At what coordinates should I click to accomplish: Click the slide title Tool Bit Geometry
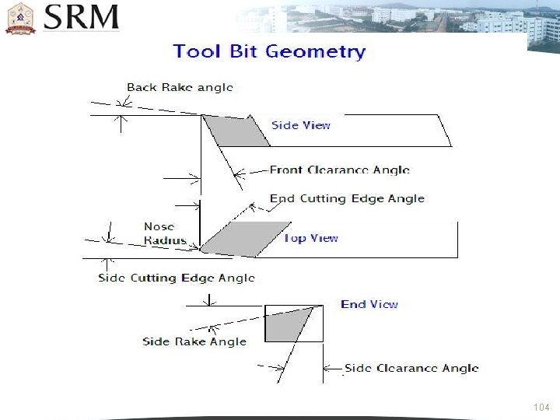pos(269,52)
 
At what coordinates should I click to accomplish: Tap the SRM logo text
pos(82,17)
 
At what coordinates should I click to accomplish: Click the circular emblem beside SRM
pos(21,18)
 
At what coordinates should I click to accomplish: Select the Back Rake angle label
pos(180,87)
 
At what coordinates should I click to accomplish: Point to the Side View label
pos(300,124)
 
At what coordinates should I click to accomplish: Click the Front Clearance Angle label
pos(339,170)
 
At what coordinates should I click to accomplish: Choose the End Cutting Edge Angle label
pos(347,198)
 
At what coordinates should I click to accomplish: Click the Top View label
pos(311,238)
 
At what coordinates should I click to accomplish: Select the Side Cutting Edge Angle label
pos(176,278)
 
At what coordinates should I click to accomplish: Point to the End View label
pos(369,304)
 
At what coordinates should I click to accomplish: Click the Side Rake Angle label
pos(194,341)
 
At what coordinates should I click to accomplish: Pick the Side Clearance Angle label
pos(411,368)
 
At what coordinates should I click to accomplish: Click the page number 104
pos(542,408)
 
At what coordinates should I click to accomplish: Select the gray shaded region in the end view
pos(283,326)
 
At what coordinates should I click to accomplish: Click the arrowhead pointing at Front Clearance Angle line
pos(238,170)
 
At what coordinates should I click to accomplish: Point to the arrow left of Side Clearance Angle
pos(334,368)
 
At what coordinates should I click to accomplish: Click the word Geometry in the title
pos(316,52)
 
